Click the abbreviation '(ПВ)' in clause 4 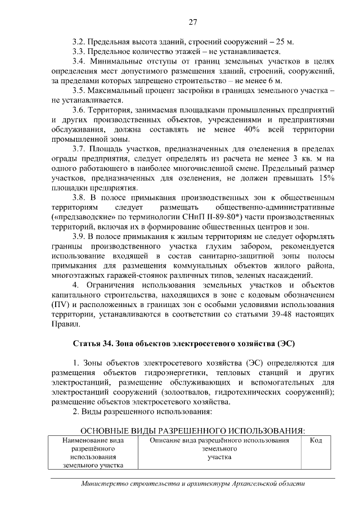(x=61, y=305)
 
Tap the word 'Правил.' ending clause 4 (x=66, y=325)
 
